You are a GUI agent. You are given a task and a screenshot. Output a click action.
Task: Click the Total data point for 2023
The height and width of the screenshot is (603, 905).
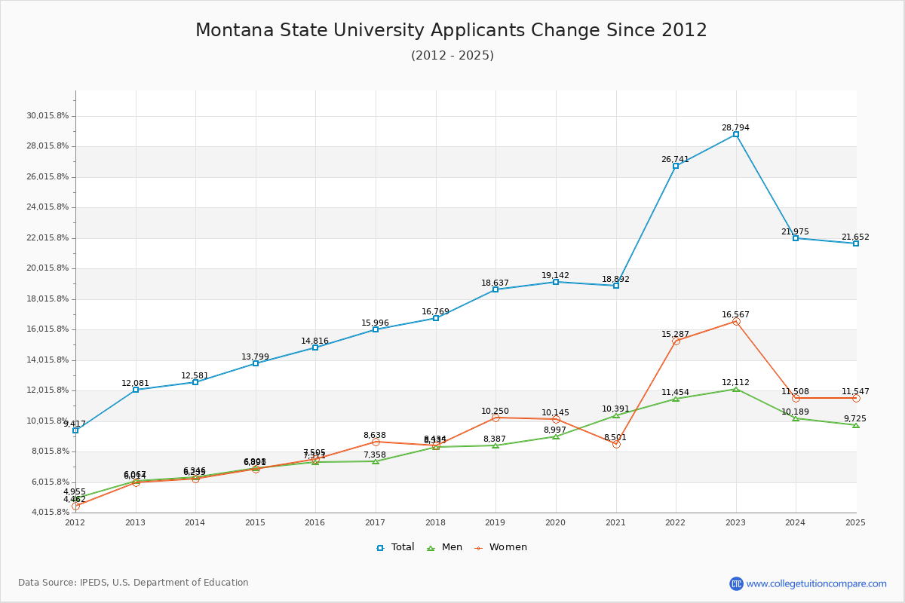(735, 134)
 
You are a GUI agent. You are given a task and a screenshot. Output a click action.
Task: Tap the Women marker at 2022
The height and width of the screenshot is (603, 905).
(676, 341)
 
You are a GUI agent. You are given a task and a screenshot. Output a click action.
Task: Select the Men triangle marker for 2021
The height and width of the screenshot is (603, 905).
(616, 415)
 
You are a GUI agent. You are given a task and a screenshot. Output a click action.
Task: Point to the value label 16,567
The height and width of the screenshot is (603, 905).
(735, 314)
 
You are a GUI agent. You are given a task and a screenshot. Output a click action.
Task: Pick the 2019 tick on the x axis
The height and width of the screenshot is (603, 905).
(495, 522)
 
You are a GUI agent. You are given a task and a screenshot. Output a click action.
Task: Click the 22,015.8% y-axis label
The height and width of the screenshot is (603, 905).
(48, 237)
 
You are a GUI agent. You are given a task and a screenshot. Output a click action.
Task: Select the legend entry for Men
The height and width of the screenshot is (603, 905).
(445, 547)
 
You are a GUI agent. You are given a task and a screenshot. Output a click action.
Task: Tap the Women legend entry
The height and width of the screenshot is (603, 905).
(501, 547)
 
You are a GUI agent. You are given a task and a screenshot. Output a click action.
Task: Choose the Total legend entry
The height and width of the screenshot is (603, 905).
(395, 547)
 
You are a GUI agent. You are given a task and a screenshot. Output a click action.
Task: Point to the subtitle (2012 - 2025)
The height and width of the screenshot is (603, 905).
(452, 55)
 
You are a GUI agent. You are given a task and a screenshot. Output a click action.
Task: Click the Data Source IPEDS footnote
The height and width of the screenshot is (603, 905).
(133, 583)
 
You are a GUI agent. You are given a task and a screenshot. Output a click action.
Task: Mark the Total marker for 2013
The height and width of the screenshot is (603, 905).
(136, 390)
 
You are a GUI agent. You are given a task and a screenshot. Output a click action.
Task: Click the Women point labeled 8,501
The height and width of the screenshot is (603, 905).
(616, 444)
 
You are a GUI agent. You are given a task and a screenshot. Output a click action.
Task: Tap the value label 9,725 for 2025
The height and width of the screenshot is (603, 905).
(854, 418)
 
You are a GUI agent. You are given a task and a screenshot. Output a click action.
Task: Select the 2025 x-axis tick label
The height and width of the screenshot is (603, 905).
(855, 522)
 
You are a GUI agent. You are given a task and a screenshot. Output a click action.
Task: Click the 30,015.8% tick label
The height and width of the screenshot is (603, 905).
(48, 115)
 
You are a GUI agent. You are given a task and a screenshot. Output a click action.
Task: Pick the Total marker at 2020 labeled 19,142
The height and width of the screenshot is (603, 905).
(556, 282)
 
